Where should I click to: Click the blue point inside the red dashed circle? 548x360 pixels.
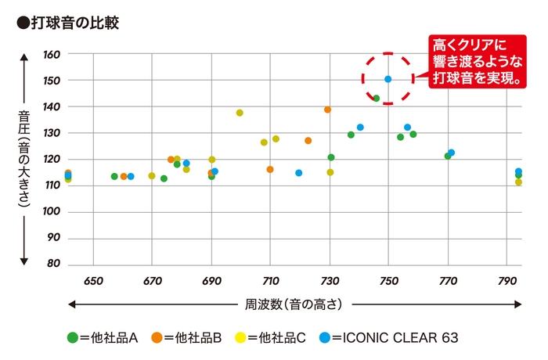(388, 79)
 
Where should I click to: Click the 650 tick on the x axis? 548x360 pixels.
(93, 280)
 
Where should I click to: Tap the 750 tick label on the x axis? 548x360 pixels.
(389, 280)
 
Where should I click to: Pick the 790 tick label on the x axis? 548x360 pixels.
(507, 280)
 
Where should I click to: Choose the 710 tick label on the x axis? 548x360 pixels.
(271, 280)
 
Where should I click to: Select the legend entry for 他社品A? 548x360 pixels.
(103, 338)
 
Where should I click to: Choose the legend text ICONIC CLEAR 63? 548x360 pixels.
(395, 338)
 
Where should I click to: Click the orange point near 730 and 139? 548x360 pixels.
(328, 110)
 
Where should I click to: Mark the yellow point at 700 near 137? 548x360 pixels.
(240, 113)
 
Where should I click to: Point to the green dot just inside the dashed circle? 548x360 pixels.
(377, 99)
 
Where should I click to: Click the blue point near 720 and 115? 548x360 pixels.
(299, 173)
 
